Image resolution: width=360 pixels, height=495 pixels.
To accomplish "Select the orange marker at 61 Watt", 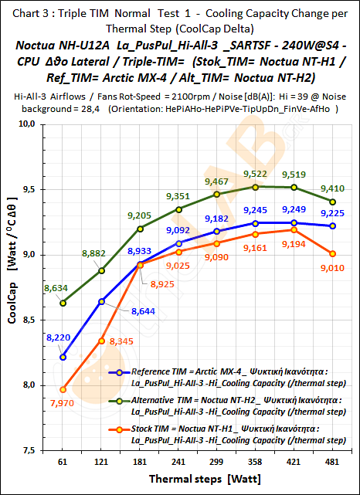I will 63,389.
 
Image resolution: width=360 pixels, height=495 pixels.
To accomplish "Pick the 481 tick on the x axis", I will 333,461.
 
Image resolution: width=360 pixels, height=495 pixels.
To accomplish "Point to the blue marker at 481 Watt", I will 333,225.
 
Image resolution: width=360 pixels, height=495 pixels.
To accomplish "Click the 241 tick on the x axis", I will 179,461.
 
